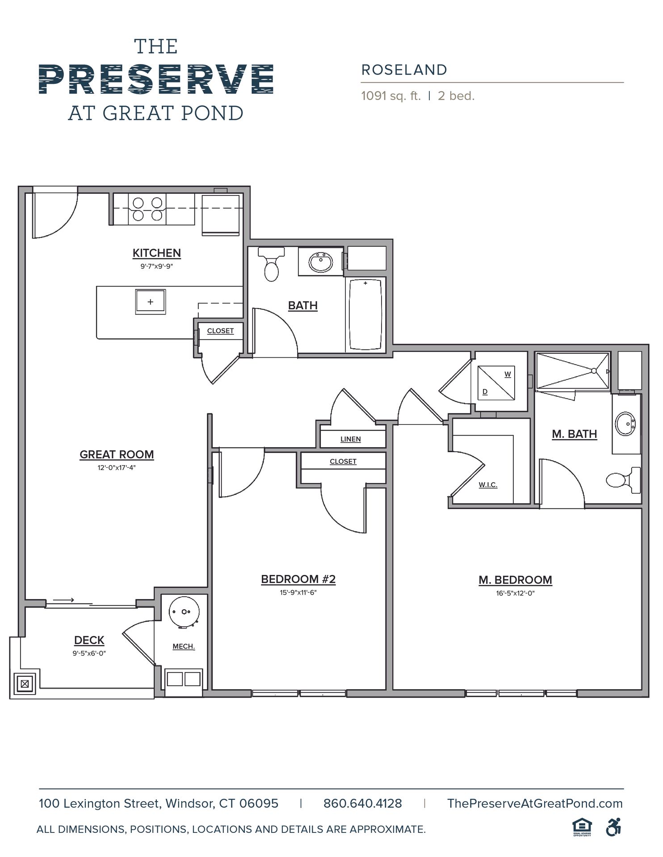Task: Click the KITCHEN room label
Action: coord(157,253)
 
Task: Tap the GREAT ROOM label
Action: coord(117,454)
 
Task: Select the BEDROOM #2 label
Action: coord(298,579)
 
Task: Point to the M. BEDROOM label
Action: coord(515,580)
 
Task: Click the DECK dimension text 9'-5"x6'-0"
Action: coord(89,653)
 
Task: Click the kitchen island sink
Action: coord(151,302)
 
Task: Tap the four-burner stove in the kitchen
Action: coord(147,209)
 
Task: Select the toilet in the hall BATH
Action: coord(271,264)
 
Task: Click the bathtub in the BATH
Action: coord(365,314)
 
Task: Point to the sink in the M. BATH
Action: coord(626,424)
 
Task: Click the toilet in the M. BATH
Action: coord(623,480)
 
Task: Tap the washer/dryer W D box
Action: coord(496,383)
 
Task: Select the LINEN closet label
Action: coord(351,439)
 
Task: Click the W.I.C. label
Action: coord(488,485)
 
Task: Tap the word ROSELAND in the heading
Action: coord(404,70)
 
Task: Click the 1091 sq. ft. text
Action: coord(391,96)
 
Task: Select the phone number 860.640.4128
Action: coord(363,803)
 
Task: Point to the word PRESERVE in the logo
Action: coord(156,79)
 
